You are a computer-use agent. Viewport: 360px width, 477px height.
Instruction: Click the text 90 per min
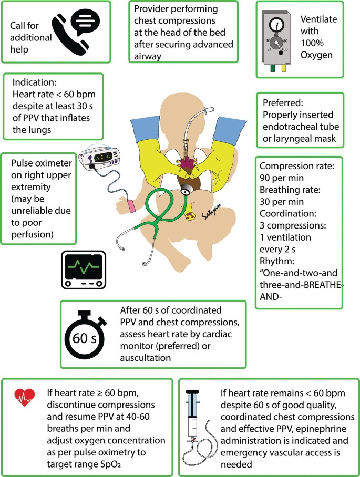click(277, 178)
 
